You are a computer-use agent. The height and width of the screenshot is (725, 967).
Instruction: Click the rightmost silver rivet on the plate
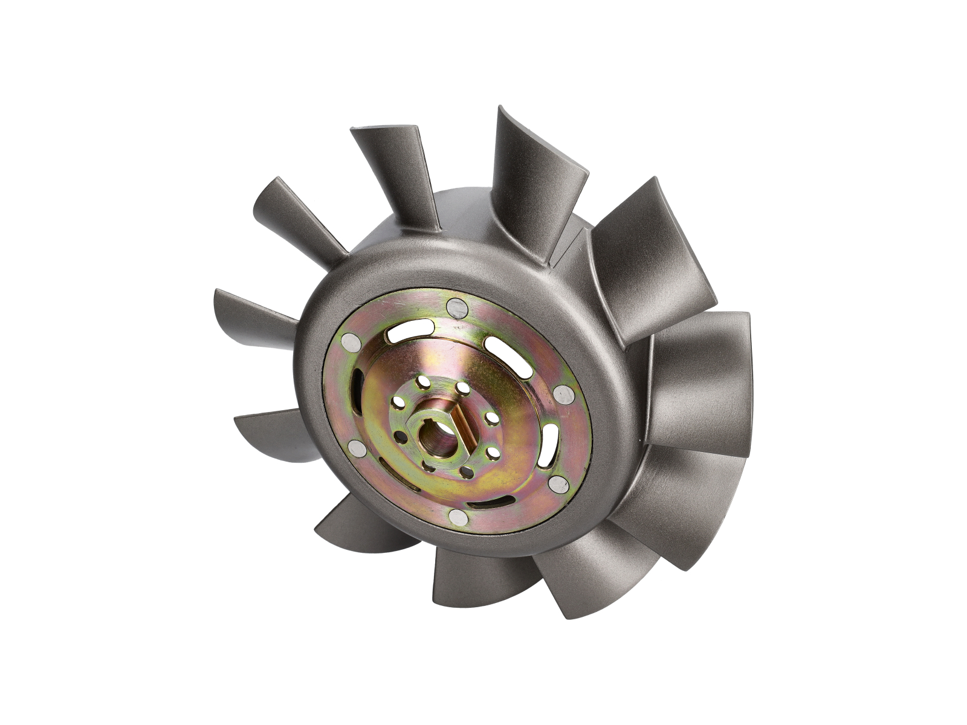click(563, 395)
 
